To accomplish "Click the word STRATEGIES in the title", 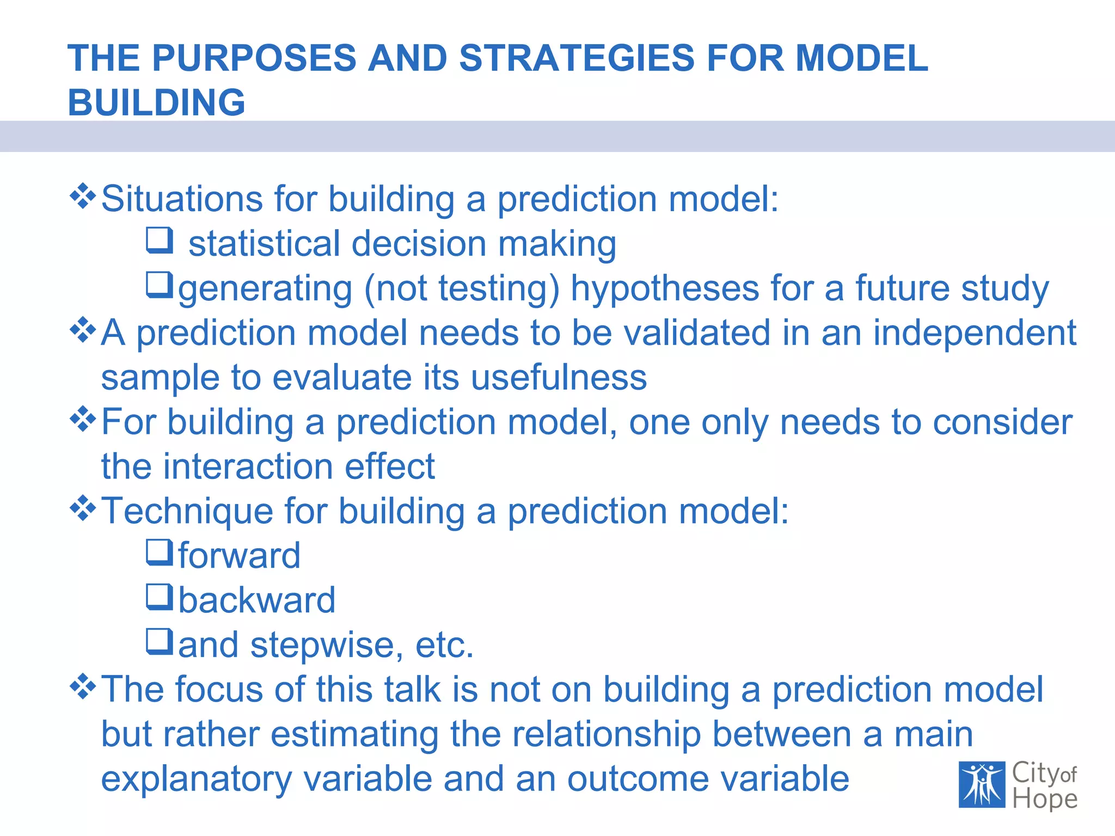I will (x=577, y=58).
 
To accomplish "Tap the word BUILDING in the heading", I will (x=156, y=103).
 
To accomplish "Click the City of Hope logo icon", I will (x=982, y=784).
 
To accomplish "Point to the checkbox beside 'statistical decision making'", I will (x=160, y=240).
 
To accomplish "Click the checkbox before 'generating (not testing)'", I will (x=160, y=285).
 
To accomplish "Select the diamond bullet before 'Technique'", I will (x=83, y=508).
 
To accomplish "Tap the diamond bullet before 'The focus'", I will (x=83, y=686).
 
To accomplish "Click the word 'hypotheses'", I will (x=664, y=289).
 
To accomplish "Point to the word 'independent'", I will (x=975, y=334).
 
